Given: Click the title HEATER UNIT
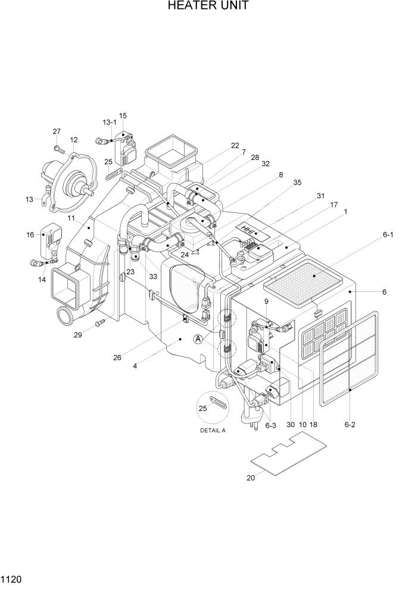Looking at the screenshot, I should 208,7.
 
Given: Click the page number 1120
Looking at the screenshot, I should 12,579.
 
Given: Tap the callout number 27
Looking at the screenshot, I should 57,131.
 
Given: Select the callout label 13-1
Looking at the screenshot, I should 110,122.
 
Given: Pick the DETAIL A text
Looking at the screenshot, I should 213,431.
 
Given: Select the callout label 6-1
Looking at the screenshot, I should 388,235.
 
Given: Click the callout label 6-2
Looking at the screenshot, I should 350,425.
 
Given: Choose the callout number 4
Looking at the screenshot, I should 135,366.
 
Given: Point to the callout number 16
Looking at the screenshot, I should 30,235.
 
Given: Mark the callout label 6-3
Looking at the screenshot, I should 270,425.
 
